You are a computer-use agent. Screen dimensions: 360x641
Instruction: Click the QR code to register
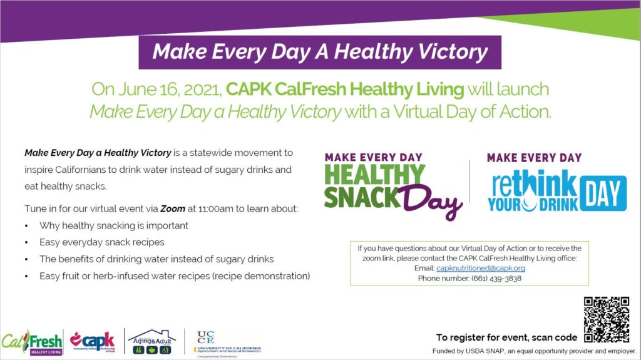(606, 320)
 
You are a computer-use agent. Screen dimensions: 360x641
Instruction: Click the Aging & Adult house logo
(151, 342)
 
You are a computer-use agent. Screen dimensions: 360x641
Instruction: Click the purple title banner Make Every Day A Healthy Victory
(320, 52)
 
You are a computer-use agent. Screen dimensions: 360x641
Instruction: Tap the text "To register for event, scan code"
(506, 337)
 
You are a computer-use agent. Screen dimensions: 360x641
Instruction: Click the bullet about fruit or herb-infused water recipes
(175, 275)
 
